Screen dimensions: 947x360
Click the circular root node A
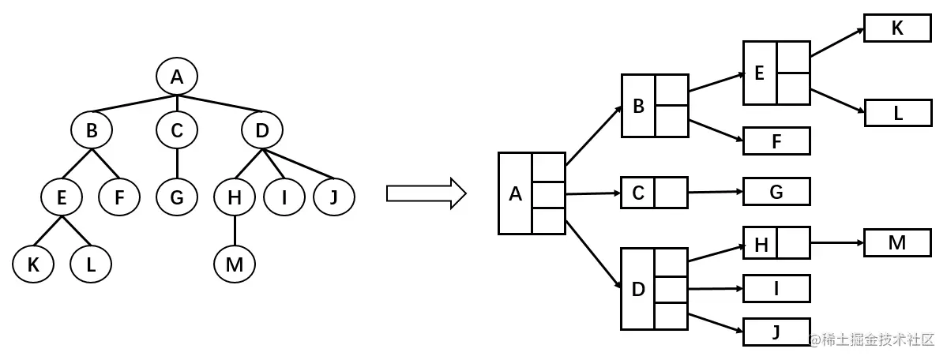click(x=176, y=76)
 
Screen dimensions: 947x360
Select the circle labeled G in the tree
click(x=176, y=197)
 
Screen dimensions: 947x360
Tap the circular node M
click(x=235, y=264)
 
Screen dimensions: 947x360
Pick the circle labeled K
click(x=33, y=264)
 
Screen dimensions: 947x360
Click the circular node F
click(x=119, y=197)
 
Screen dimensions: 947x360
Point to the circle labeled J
click(x=334, y=197)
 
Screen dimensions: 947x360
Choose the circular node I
click(x=284, y=197)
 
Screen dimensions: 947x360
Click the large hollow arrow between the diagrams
click(x=427, y=193)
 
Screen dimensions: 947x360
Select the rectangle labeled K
click(x=897, y=28)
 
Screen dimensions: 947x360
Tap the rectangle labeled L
click(x=898, y=112)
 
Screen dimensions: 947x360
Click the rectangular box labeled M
click(x=897, y=242)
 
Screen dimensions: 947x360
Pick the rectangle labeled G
click(x=776, y=192)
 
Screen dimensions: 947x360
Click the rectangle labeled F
click(x=776, y=141)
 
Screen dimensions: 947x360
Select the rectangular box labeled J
click(x=776, y=332)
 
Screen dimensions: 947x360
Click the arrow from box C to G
click(x=715, y=193)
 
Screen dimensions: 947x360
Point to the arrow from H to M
click(x=837, y=243)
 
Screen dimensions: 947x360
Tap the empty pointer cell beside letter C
click(x=671, y=193)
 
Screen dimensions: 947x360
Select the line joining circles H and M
click(x=235, y=231)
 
